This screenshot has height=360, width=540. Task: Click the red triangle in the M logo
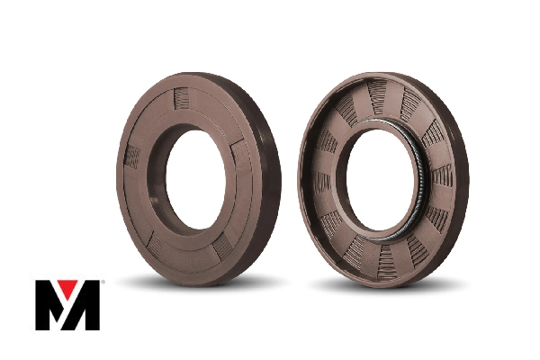[x=67, y=287]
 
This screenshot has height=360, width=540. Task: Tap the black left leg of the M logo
[x=43, y=305]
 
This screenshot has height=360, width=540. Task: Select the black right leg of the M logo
[x=90, y=305]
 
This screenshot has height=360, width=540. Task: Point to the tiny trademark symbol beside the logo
[x=103, y=282]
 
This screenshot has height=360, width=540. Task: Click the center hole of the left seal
[x=195, y=179]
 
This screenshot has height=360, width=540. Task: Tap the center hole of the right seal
[x=380, y=181]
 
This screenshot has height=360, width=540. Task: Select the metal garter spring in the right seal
[x=412, y=179]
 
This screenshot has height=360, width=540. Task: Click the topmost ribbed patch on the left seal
[x=181, y=98]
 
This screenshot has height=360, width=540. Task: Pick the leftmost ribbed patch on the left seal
[x=132, y=157]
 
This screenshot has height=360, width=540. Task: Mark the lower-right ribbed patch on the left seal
[x=222, y=246]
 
